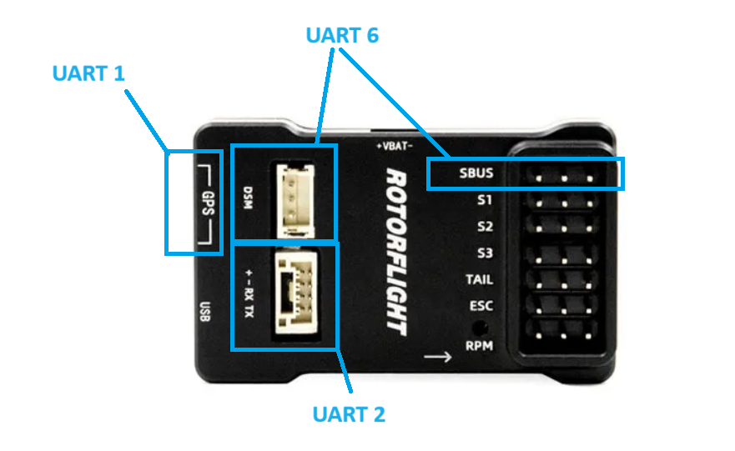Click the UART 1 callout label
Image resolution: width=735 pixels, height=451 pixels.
[88, 73]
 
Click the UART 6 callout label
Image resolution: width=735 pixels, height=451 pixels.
[342, 35]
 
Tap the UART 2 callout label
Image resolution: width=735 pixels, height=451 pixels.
[349, 413]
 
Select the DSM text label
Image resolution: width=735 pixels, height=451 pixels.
[248, 197]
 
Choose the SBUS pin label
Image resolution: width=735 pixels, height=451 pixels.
[476, 175]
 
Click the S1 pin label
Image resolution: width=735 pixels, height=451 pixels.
[485, 200]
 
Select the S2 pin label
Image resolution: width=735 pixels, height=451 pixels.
[485, 226]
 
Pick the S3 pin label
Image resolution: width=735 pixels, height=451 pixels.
[485, 253]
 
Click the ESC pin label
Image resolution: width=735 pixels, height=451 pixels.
[481, 305]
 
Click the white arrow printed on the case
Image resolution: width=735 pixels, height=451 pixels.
[437, 358]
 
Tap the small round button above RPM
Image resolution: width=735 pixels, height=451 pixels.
[479, 327]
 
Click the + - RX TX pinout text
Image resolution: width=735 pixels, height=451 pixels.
[249, 294]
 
